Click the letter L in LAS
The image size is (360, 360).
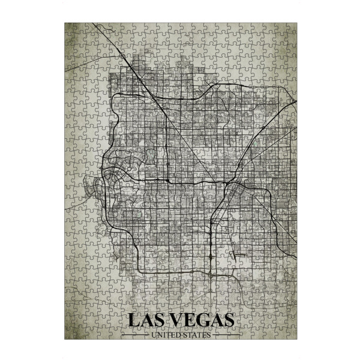point(134,320)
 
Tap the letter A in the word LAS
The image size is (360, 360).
point(148,320)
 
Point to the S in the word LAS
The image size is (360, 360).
point(162,320)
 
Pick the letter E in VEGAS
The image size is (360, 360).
point(193,320)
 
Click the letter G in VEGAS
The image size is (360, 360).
point(206,320)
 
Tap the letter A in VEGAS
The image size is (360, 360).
point(219,320)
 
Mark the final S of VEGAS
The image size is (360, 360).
point(231,320)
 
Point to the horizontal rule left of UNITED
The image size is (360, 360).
point(137,335)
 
